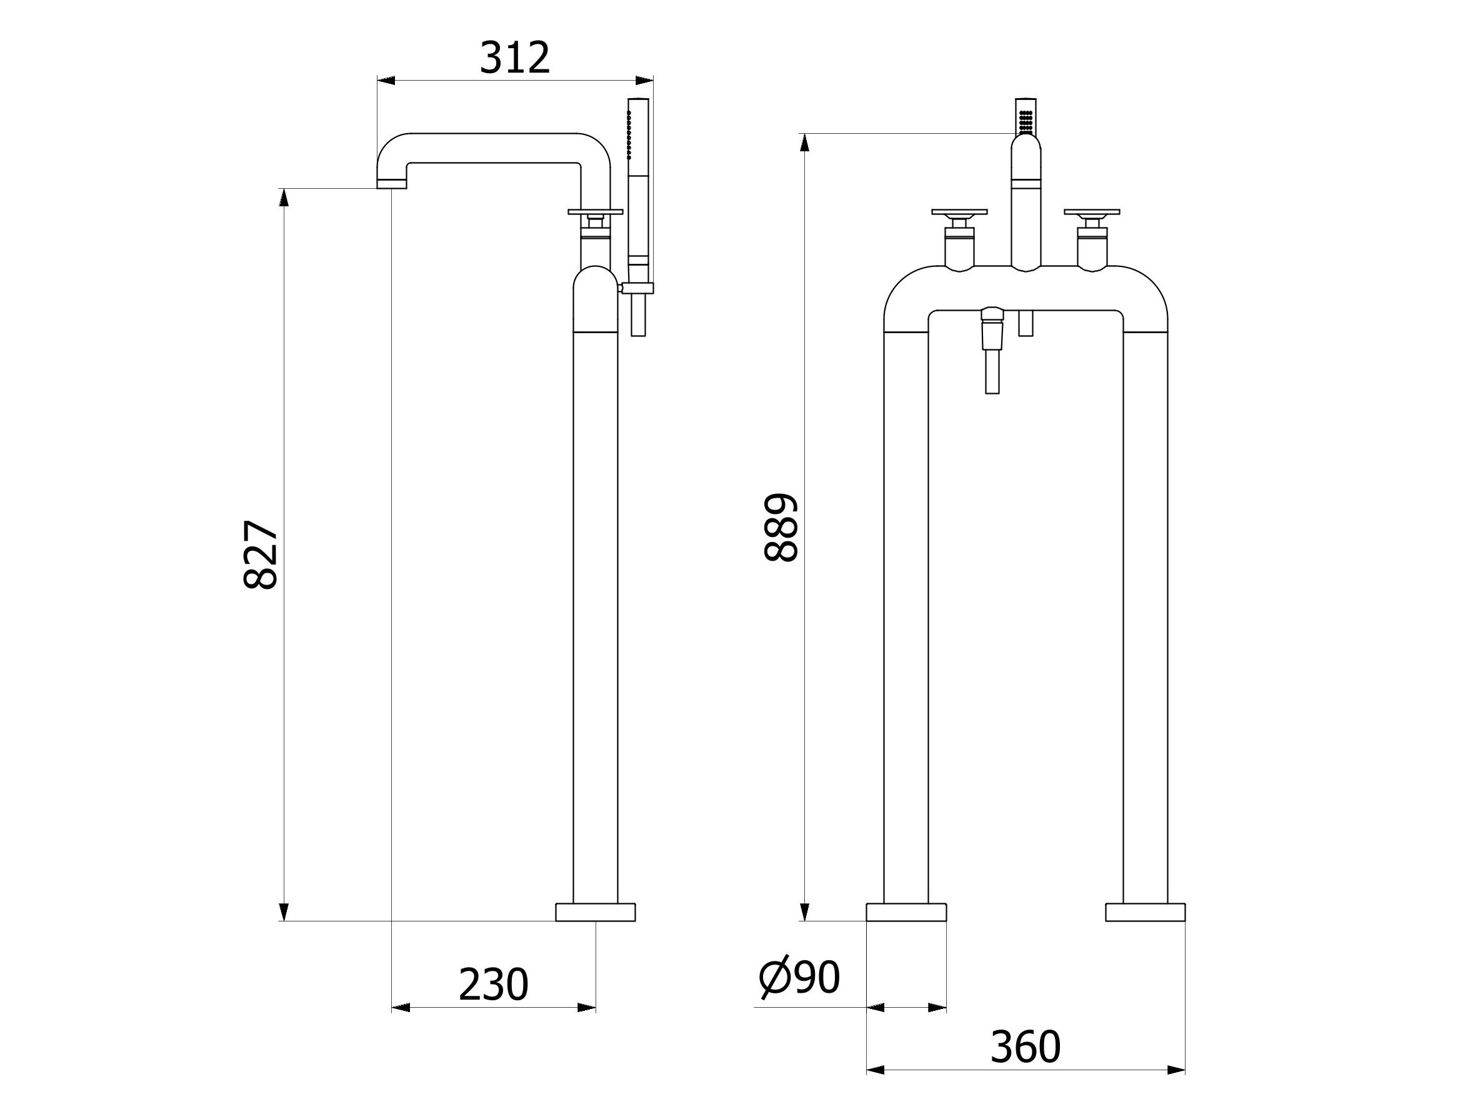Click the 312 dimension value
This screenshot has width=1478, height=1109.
[514, 58]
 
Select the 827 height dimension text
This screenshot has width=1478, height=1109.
[261, 555]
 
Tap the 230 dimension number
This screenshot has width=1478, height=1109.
[493, 985]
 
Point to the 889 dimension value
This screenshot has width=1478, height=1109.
[781, 528]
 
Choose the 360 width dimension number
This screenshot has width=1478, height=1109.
[1025, 1047]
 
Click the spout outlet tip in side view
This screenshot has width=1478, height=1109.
[392, 184]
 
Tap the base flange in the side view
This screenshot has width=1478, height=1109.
[596, 912]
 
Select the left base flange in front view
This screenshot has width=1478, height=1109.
[906, 912]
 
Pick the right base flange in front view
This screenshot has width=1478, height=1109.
[1146, 912]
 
